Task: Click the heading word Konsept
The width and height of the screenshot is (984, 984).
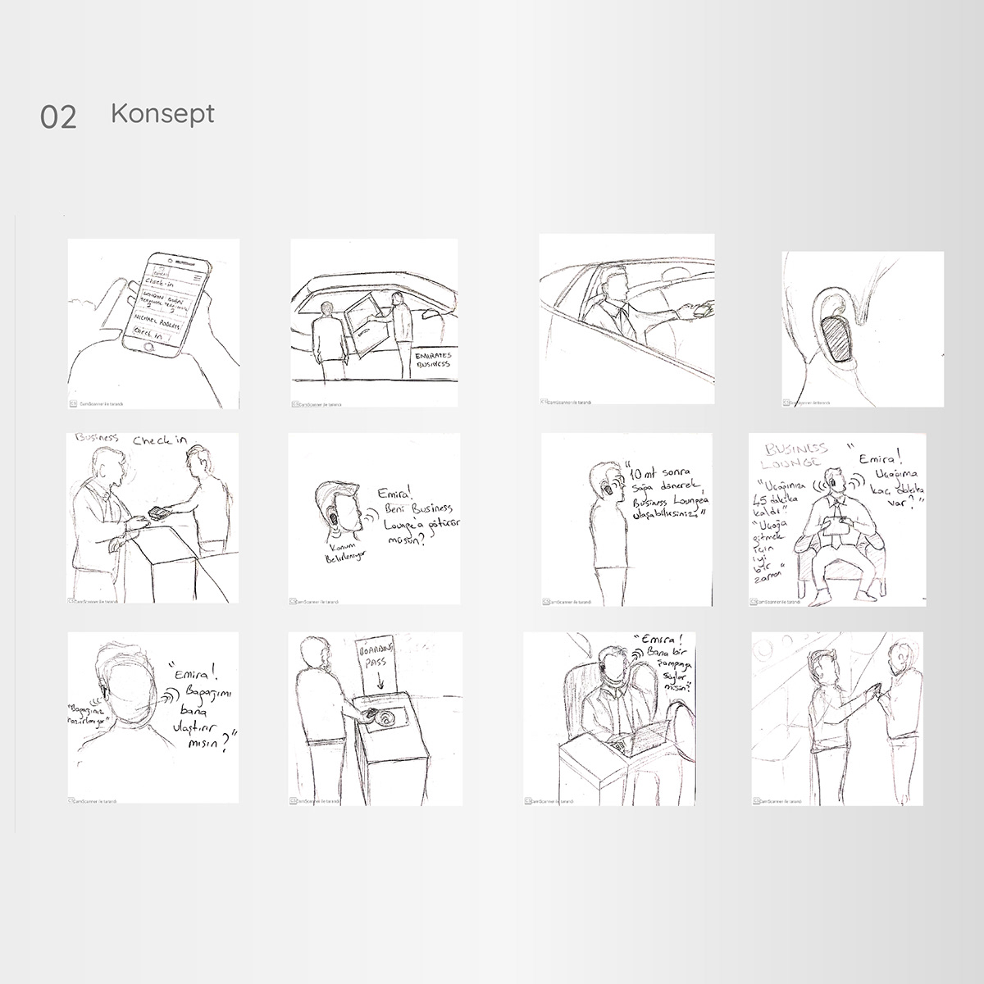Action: (162, 113)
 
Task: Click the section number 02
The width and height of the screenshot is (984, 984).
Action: (58, 117)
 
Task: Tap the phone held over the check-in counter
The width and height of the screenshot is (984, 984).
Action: (157, 514)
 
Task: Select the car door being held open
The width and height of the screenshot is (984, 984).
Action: (362, 321)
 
